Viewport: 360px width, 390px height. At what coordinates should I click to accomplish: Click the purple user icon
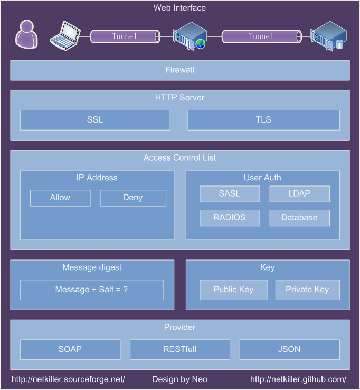pos(26,34)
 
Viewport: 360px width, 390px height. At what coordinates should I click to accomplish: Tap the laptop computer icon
pos(65,35)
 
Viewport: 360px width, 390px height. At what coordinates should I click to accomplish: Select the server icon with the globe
pos(190,36)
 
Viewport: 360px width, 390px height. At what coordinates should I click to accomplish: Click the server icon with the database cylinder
pos(328,36)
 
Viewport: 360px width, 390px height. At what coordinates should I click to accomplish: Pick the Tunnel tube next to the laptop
pos(125,36)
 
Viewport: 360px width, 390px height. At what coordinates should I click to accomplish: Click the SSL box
pos(95,120)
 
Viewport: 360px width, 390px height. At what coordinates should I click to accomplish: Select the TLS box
pos(263,120)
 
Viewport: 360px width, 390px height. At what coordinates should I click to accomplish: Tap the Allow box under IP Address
pos(60,198)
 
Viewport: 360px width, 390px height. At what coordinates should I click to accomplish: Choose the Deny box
pos(133,198)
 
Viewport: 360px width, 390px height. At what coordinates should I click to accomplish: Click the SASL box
pos(230,194)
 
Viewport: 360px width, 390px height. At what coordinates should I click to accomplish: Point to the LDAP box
pos(300,194)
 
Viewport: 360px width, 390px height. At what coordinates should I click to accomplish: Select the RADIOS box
pos(230,218)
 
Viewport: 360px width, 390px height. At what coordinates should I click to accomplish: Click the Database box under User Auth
pos(300,218)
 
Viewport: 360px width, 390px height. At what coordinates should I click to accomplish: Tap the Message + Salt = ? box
pos(92,290)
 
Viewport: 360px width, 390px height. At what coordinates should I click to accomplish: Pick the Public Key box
pos(234,290)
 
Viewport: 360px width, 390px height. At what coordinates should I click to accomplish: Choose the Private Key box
pos(308,290)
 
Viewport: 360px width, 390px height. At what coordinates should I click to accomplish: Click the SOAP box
pos(70,349)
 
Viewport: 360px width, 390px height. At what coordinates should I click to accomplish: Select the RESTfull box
pos(180,349)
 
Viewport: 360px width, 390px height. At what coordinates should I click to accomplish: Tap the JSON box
pos(289,349)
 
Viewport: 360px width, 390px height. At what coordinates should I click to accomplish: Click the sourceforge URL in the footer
pos(68,379)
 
